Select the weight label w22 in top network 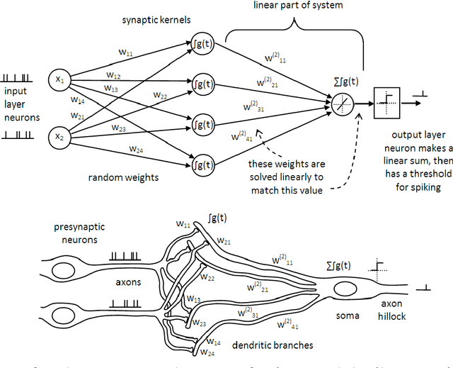pyautogui.click(x=159, y=96)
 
